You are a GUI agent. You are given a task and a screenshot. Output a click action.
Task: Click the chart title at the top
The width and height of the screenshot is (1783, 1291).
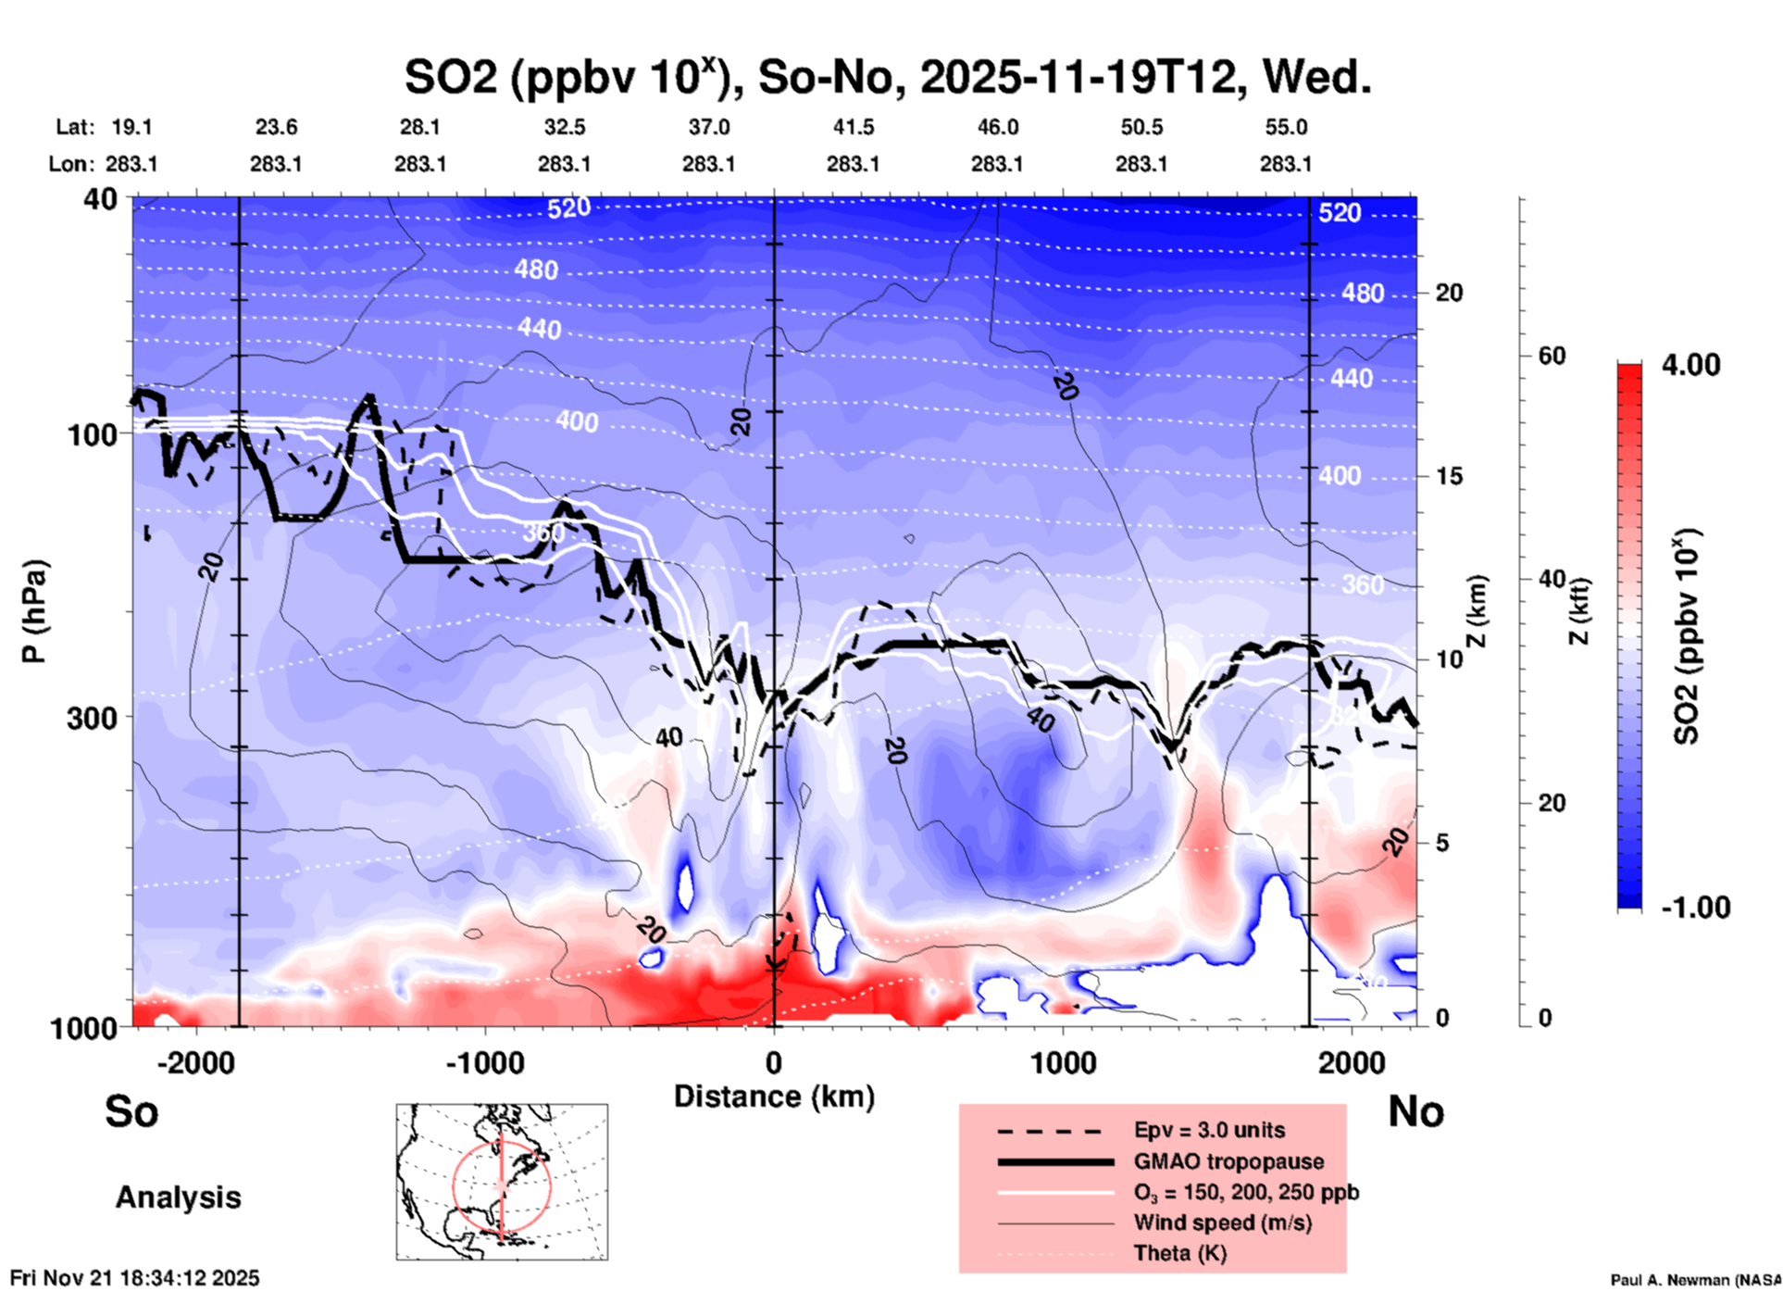[x=887, y=78]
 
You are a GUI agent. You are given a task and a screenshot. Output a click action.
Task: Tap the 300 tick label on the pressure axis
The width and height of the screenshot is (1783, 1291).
[x=92, y=718]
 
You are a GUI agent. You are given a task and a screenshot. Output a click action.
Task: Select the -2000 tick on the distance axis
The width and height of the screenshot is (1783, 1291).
[x=195, y=1063]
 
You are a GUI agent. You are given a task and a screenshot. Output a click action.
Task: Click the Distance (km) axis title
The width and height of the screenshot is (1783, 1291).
[x=774, y=1097]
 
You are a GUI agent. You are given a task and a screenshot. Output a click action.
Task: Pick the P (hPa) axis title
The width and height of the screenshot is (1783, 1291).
[x=34, y=611]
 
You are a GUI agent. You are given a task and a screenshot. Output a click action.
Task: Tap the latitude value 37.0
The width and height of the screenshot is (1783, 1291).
[x=708, y=127]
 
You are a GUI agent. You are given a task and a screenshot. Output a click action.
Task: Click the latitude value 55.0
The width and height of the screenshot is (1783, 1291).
[x=1286, y=127]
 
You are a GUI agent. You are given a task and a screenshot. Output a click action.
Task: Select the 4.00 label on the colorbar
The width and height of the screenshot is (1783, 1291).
[x=1690, y=365]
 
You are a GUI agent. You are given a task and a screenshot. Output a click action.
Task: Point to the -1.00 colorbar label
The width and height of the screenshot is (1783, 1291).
[x=1695, y=907]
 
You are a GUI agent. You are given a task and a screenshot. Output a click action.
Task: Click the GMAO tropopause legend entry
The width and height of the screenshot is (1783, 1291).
[x=1228, y=1161]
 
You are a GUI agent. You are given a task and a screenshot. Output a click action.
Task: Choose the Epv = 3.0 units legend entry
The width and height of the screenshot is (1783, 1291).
[x=1209, y=1130]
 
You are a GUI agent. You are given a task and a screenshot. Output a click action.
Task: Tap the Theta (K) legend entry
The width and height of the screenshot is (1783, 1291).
[x=1179, y=1253]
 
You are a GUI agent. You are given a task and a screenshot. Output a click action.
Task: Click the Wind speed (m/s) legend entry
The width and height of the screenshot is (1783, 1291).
[x=1222, y=1222]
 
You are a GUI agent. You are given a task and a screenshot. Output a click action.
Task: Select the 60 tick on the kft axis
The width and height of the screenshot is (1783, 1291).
[x=1551, y=357]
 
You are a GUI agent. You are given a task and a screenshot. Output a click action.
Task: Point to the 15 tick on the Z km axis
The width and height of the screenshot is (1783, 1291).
[x=1449, y=476]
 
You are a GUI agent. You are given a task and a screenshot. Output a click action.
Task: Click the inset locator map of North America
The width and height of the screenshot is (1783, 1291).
[x=502, y=1181]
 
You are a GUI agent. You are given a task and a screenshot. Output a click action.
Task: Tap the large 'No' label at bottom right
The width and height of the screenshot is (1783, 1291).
[x=1415, y=1111]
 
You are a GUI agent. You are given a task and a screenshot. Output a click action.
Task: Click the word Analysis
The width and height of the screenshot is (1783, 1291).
[x=178, y=1197]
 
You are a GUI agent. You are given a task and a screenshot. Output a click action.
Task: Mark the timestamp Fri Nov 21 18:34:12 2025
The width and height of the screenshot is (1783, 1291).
[x=135, y=1278]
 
